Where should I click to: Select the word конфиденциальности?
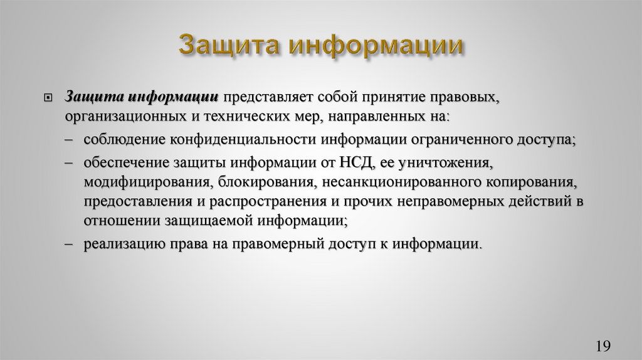tap(270, 140)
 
